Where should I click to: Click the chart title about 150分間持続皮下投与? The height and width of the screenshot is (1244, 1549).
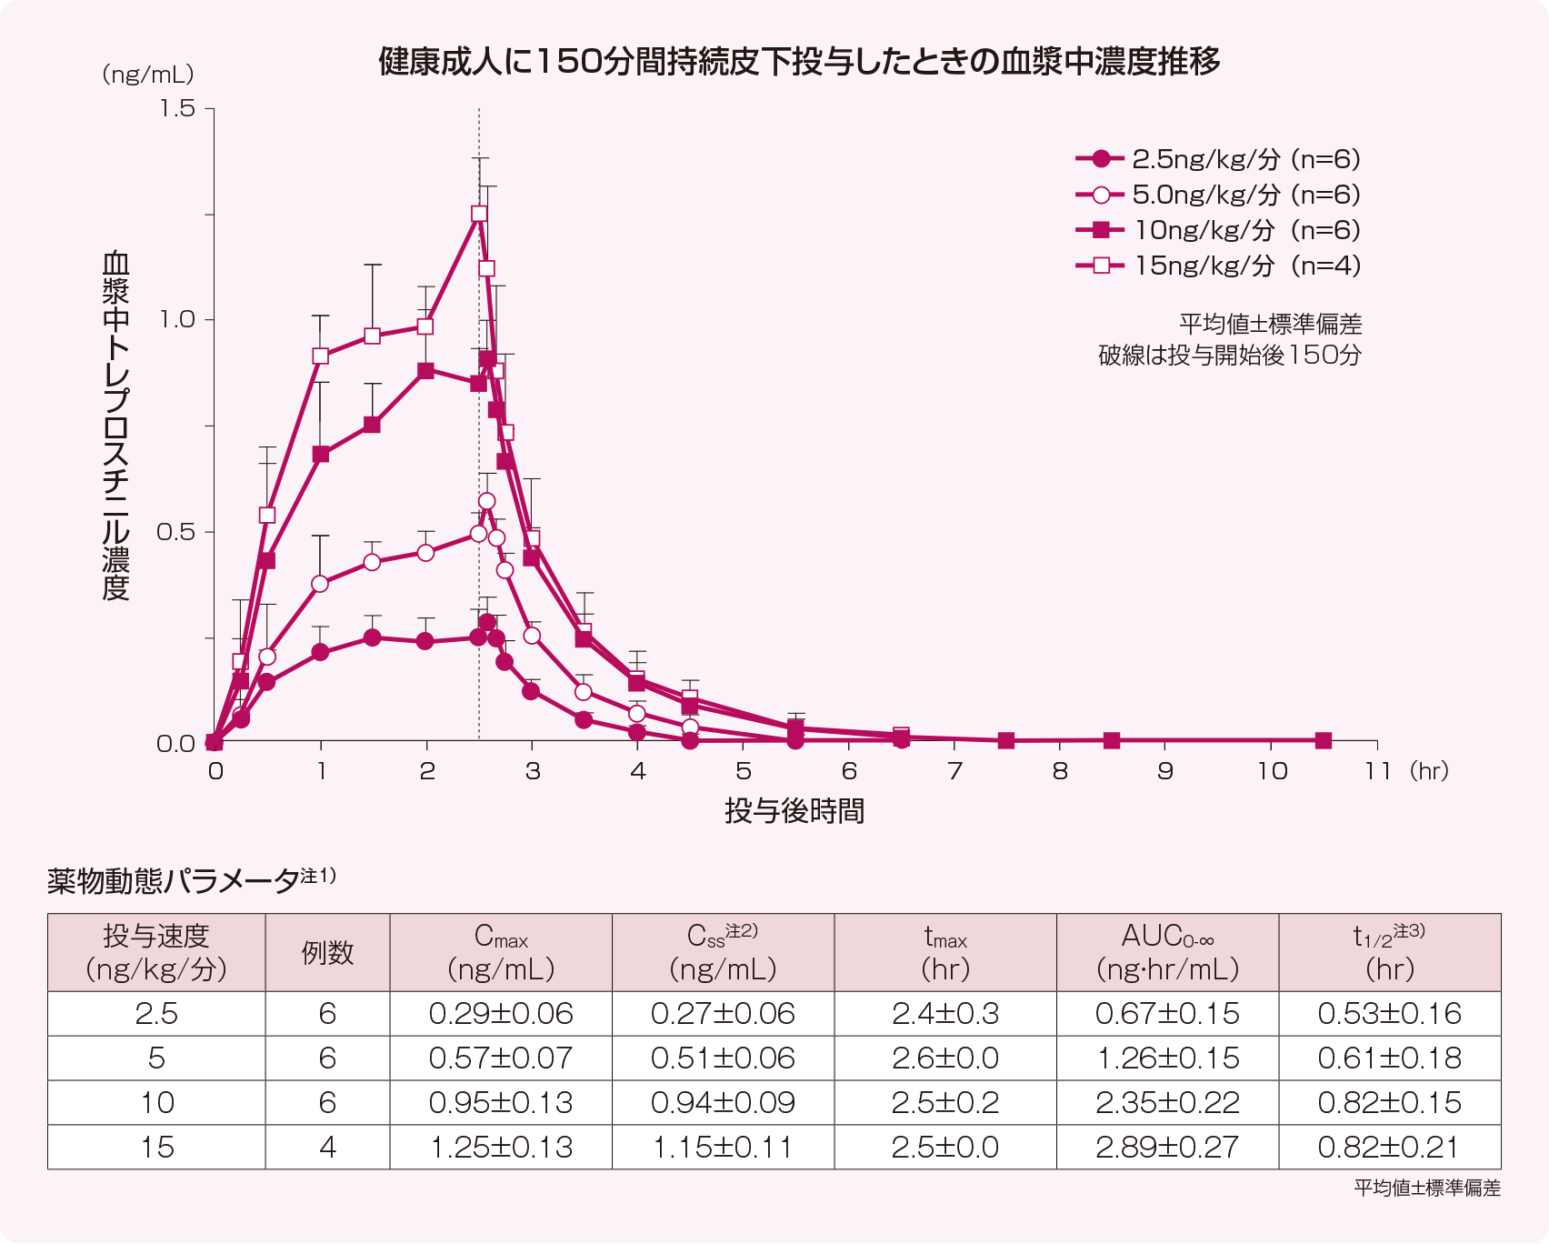[x=799, y=62]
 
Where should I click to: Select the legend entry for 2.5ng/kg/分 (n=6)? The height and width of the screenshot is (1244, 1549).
[x=1218, y=159]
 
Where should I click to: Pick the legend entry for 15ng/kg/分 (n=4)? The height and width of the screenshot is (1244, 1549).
[x=1218, y=266]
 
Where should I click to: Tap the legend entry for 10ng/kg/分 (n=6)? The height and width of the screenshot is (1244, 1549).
[x=1218, y=230]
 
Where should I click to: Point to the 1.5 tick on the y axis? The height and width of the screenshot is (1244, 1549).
[x=178, y=108]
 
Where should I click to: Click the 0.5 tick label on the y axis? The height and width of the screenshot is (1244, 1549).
[x=176, y=532]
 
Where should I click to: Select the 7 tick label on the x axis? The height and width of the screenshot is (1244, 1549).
[x=954, y=771]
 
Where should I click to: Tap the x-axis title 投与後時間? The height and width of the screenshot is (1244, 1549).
[x=794, y=810]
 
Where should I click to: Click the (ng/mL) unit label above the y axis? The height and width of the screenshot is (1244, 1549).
[x=147, y=75]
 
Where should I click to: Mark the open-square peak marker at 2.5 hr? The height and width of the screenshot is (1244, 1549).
[x=479, y=214]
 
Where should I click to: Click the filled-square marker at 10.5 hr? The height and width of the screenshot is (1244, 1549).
[x=1324, y=741]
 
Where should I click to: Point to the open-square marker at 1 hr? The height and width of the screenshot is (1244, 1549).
[x=320, y=356]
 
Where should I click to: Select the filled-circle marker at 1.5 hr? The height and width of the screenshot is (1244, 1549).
[x=372, y=637]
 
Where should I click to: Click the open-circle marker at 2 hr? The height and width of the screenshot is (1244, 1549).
[x=425, y=552]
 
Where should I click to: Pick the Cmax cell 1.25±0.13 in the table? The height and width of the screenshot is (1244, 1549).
[x=501, y=1147]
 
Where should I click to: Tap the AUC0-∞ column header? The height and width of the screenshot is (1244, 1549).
[x=1167, y=952]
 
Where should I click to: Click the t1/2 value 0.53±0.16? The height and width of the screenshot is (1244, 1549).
[x=1389, y=1013]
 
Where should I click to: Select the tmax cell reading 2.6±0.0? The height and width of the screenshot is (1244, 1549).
[x=945, y=1058]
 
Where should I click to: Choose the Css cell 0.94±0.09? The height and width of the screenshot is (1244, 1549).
[x=723, y=1102]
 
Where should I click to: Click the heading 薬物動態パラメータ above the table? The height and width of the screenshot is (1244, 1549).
[x=173, y=880]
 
